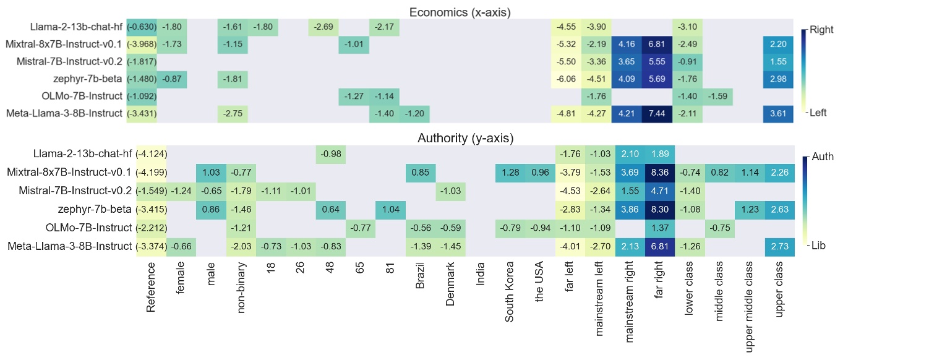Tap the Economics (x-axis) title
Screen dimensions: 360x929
click(460, 11)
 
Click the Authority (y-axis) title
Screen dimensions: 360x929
click(460, 138)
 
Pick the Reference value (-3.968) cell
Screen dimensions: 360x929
click(142, 45)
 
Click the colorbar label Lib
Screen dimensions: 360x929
click(818, 245)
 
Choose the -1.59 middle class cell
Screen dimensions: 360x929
click(719, 96)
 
